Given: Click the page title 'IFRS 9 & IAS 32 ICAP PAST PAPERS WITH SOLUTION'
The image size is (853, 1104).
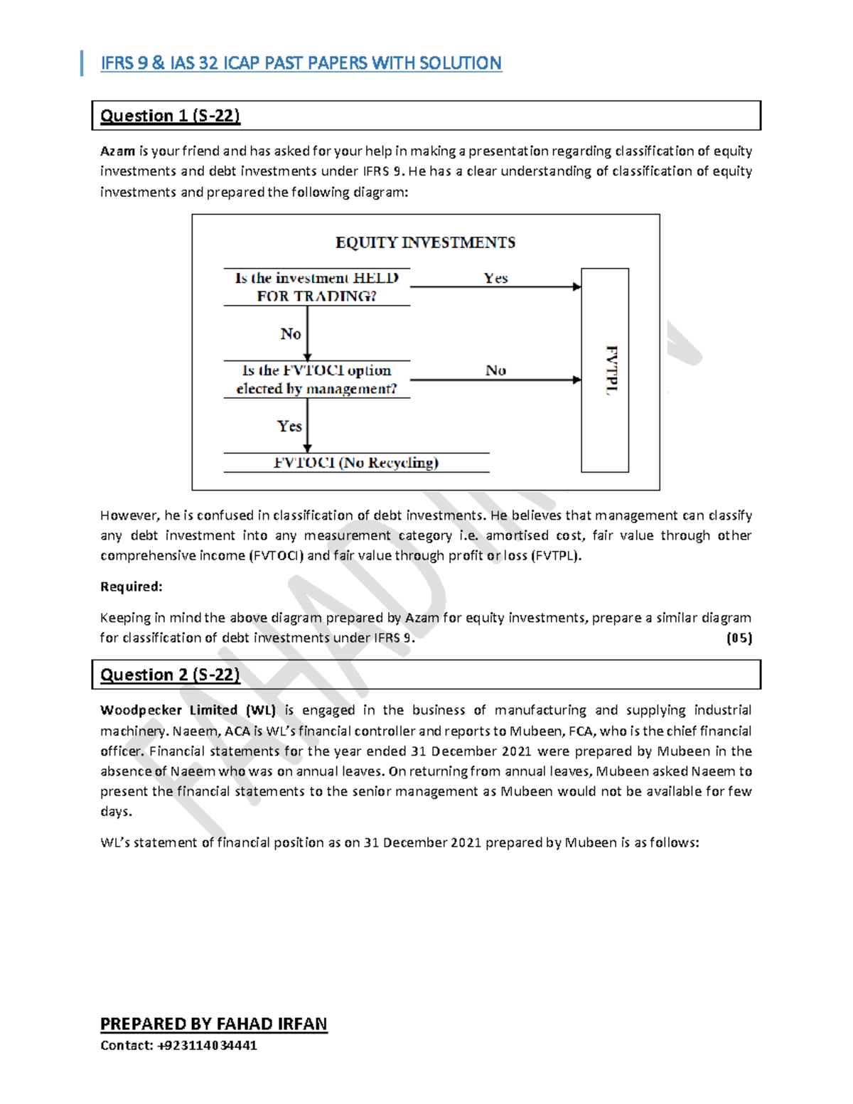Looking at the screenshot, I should pyautogui.click(x=301, y=63).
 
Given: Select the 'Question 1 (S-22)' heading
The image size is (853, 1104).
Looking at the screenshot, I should pyautogui.click(x=170, y=116).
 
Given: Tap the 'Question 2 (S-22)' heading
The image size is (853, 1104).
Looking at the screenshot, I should pyautogui.click(x=170, y=675).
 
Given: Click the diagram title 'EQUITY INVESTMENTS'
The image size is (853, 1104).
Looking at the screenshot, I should pyautogui.click(x=425, y=242).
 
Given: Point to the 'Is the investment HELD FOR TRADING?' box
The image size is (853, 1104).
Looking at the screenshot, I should pyautogui.click(x=316, y=287).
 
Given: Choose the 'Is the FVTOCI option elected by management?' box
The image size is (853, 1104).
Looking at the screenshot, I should pyautogui.click(x=316, y=380).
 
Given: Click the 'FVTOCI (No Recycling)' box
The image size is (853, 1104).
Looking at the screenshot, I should pyautogui.click(x=356, y=463).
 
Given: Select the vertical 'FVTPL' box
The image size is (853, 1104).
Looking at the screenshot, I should pyautogui.click(x=606, y=370).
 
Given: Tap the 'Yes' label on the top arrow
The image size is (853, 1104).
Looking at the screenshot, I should pyautogui.click(x=495, y=278).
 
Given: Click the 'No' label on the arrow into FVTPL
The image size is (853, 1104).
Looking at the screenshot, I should pyautogui.click(x=495, y=370).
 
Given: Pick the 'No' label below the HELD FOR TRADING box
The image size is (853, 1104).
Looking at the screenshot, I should pyautogui.click(x=290, y=333).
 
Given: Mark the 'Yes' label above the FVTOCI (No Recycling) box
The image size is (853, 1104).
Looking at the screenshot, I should pyautogui.click(x=289, y=426).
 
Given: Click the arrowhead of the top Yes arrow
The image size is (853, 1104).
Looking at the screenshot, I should pyautogui.click(x=577, y=287).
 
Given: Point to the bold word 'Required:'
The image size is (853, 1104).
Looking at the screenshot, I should pyautogui.click(x=132, y=586).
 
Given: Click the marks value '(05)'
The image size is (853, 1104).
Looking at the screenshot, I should pyautogui.click(x=739, y=638).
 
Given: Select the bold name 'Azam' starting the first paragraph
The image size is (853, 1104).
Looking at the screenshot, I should pyautogui.click(x=117, y=151).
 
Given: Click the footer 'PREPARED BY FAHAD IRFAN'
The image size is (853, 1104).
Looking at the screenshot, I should pyautogui.click(x=213, y=1024).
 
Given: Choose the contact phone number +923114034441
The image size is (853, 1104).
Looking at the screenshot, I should pyautogui.click(x=207, y=1045).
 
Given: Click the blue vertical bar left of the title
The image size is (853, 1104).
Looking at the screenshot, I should pyautogui.click(x=82, y=63).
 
